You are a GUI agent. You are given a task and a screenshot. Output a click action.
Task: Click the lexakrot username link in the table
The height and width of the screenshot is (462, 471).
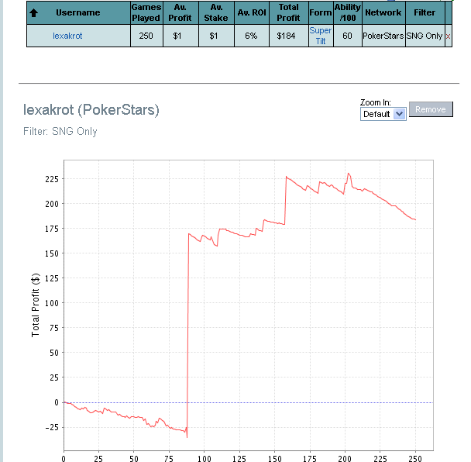[x=67, y=36]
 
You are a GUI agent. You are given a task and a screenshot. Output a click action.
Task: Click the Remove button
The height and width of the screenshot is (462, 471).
[x=430, y=109]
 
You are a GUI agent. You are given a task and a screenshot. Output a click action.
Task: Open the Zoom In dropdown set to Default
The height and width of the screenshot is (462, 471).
[x=383, y=114]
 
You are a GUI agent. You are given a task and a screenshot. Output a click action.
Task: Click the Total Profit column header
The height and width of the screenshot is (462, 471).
[x=288, y=12]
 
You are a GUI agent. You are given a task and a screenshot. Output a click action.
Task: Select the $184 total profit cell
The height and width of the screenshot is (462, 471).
[x=286, y=36]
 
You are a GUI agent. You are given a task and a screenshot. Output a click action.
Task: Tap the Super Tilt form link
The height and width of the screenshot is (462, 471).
[x=321, y=36]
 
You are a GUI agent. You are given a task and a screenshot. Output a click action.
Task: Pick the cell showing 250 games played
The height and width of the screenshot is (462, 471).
[x=146, y=36]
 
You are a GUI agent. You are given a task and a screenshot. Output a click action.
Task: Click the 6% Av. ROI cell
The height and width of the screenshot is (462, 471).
[x=251, y=36]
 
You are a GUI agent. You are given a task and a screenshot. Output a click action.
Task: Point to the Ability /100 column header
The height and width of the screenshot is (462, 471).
[x=347, y=12]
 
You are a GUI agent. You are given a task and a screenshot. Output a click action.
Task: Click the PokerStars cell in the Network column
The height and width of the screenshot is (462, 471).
[x=383, y=36]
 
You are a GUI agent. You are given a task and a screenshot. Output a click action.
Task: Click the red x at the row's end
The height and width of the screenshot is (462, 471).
[x=448, y=36]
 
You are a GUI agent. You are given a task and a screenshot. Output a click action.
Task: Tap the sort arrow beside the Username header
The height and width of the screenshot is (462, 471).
[x=33, y=13]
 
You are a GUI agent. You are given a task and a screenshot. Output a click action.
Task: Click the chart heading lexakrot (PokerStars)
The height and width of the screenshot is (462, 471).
[x=91, y=110]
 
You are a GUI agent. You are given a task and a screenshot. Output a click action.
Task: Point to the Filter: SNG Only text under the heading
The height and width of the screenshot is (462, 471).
[x=60, y=132]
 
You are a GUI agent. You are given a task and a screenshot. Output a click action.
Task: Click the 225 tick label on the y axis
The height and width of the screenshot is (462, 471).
[x=50, y=179]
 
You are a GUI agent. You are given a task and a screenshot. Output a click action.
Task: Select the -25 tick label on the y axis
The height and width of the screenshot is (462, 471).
[x=50, y=427]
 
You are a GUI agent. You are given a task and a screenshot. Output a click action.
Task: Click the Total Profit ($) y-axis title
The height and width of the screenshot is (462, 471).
[x=36, y=304]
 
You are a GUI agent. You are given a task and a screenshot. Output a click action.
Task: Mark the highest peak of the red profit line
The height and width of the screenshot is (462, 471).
[x=349, y=174]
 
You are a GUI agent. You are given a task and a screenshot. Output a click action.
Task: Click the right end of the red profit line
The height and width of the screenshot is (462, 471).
[x=416, y=220]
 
